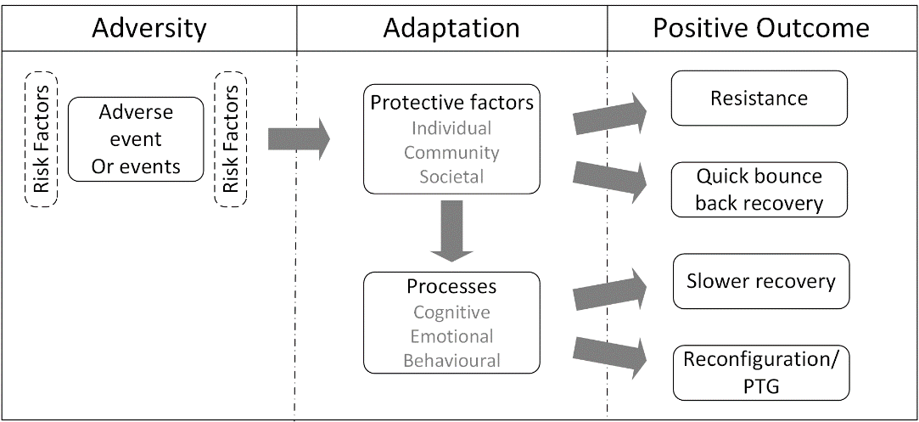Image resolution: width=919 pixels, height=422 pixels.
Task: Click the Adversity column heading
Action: [148, 28]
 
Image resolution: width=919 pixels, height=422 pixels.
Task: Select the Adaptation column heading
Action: [451, 28]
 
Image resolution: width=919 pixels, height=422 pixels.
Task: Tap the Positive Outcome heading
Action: [761, 28]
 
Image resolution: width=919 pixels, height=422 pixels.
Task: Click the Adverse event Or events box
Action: [136, 139]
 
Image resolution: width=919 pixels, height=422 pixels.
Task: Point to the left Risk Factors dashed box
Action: [41, 139]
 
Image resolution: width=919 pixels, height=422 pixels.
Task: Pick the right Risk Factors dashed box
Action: [231, 139]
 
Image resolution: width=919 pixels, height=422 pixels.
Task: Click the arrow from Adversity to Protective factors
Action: [299, 139]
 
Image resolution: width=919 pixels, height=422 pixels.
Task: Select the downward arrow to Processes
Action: [451, 230]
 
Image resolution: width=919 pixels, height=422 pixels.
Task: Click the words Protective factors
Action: [452, 102]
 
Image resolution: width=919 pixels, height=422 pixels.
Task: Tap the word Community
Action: [452, 152]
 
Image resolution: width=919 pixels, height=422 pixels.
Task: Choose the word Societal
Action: [452, 177]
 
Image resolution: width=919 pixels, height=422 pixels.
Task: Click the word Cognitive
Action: [452, 312]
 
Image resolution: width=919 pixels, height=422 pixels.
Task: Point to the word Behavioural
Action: [452, 360]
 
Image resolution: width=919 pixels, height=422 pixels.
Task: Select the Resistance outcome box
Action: [759, 98]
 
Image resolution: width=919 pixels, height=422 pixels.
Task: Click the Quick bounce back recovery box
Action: [759, 189]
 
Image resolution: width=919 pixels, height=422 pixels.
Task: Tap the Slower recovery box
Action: [761, 281]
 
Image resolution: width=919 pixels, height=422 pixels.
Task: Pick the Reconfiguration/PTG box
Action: [761, 373]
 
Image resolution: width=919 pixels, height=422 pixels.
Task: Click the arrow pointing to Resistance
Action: [609, 114]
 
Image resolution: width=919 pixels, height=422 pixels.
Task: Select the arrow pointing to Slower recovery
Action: [609, 289]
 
